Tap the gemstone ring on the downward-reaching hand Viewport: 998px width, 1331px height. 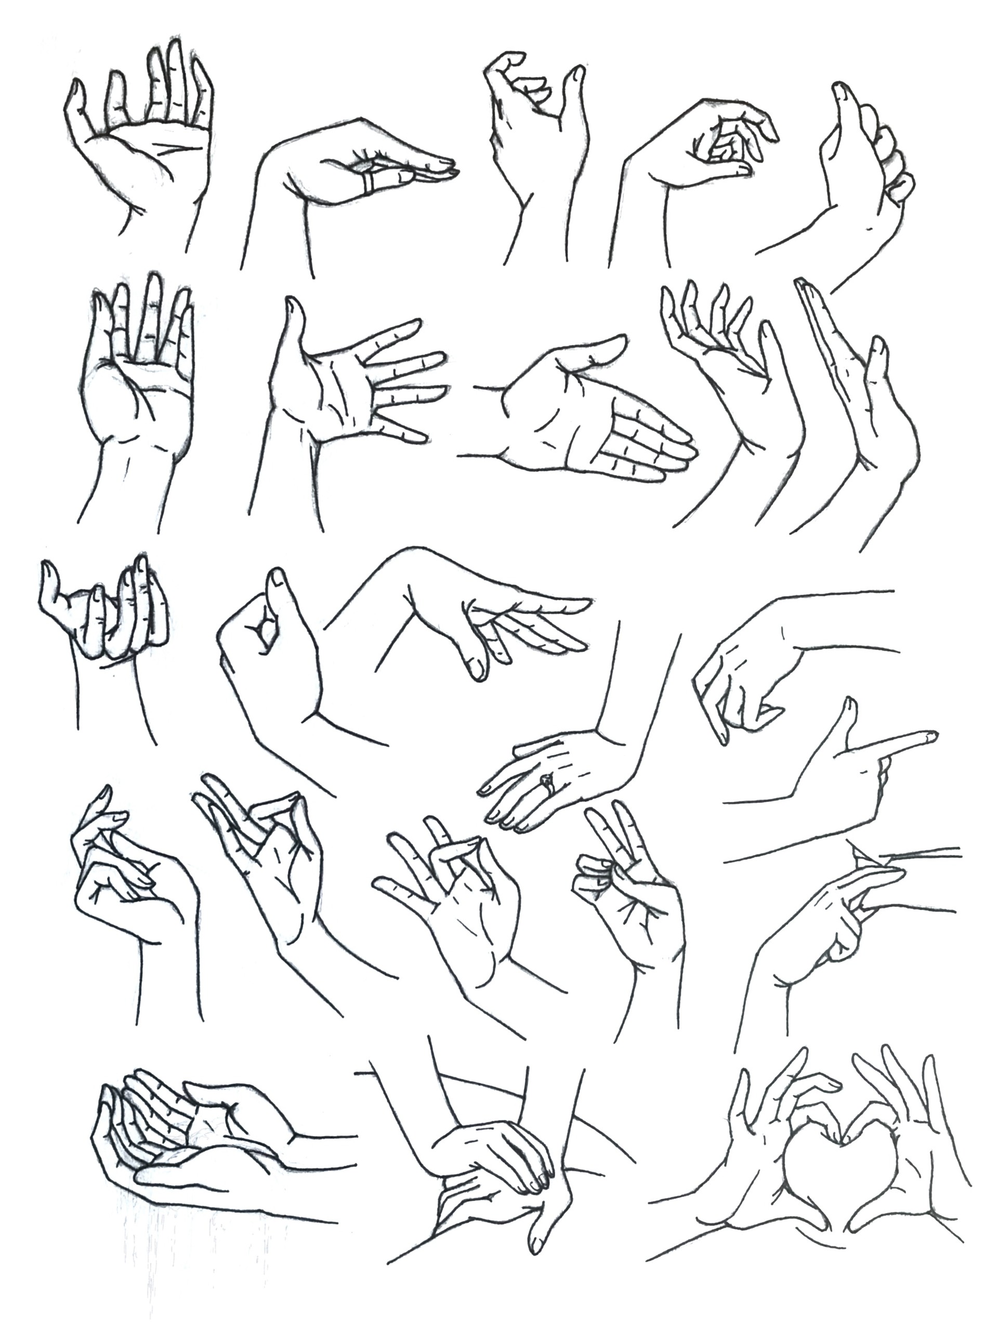tap(546, 783)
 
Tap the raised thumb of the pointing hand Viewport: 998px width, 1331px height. tap(850, 710)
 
